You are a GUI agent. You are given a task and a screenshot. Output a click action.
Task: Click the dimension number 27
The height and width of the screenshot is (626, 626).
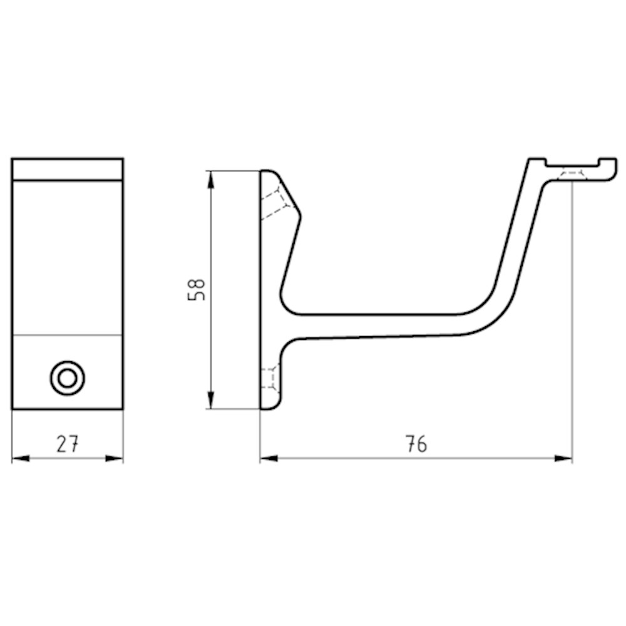click(x=68, y=444)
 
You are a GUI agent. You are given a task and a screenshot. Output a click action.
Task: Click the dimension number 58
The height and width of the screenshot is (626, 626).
click(x=196, y=289)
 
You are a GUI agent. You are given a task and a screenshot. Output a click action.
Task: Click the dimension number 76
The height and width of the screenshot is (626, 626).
click(x=416, y=444)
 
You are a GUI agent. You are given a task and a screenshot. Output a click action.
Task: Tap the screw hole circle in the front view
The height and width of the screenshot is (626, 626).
click(x=68, y=378)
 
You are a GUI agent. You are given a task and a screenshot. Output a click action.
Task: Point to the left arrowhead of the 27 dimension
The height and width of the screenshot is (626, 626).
click(x=21, y=459)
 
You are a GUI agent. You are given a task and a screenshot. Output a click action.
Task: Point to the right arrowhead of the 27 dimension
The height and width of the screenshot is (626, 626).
click(x=114, y=459)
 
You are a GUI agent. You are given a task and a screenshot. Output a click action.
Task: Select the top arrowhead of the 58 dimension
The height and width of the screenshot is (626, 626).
click(x=211, y=180)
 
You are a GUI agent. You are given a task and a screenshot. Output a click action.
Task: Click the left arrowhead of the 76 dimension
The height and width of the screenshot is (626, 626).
click(x=269, y=459)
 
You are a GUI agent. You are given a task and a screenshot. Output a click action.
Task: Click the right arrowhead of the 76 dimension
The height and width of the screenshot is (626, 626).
click(x=563, y=459)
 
